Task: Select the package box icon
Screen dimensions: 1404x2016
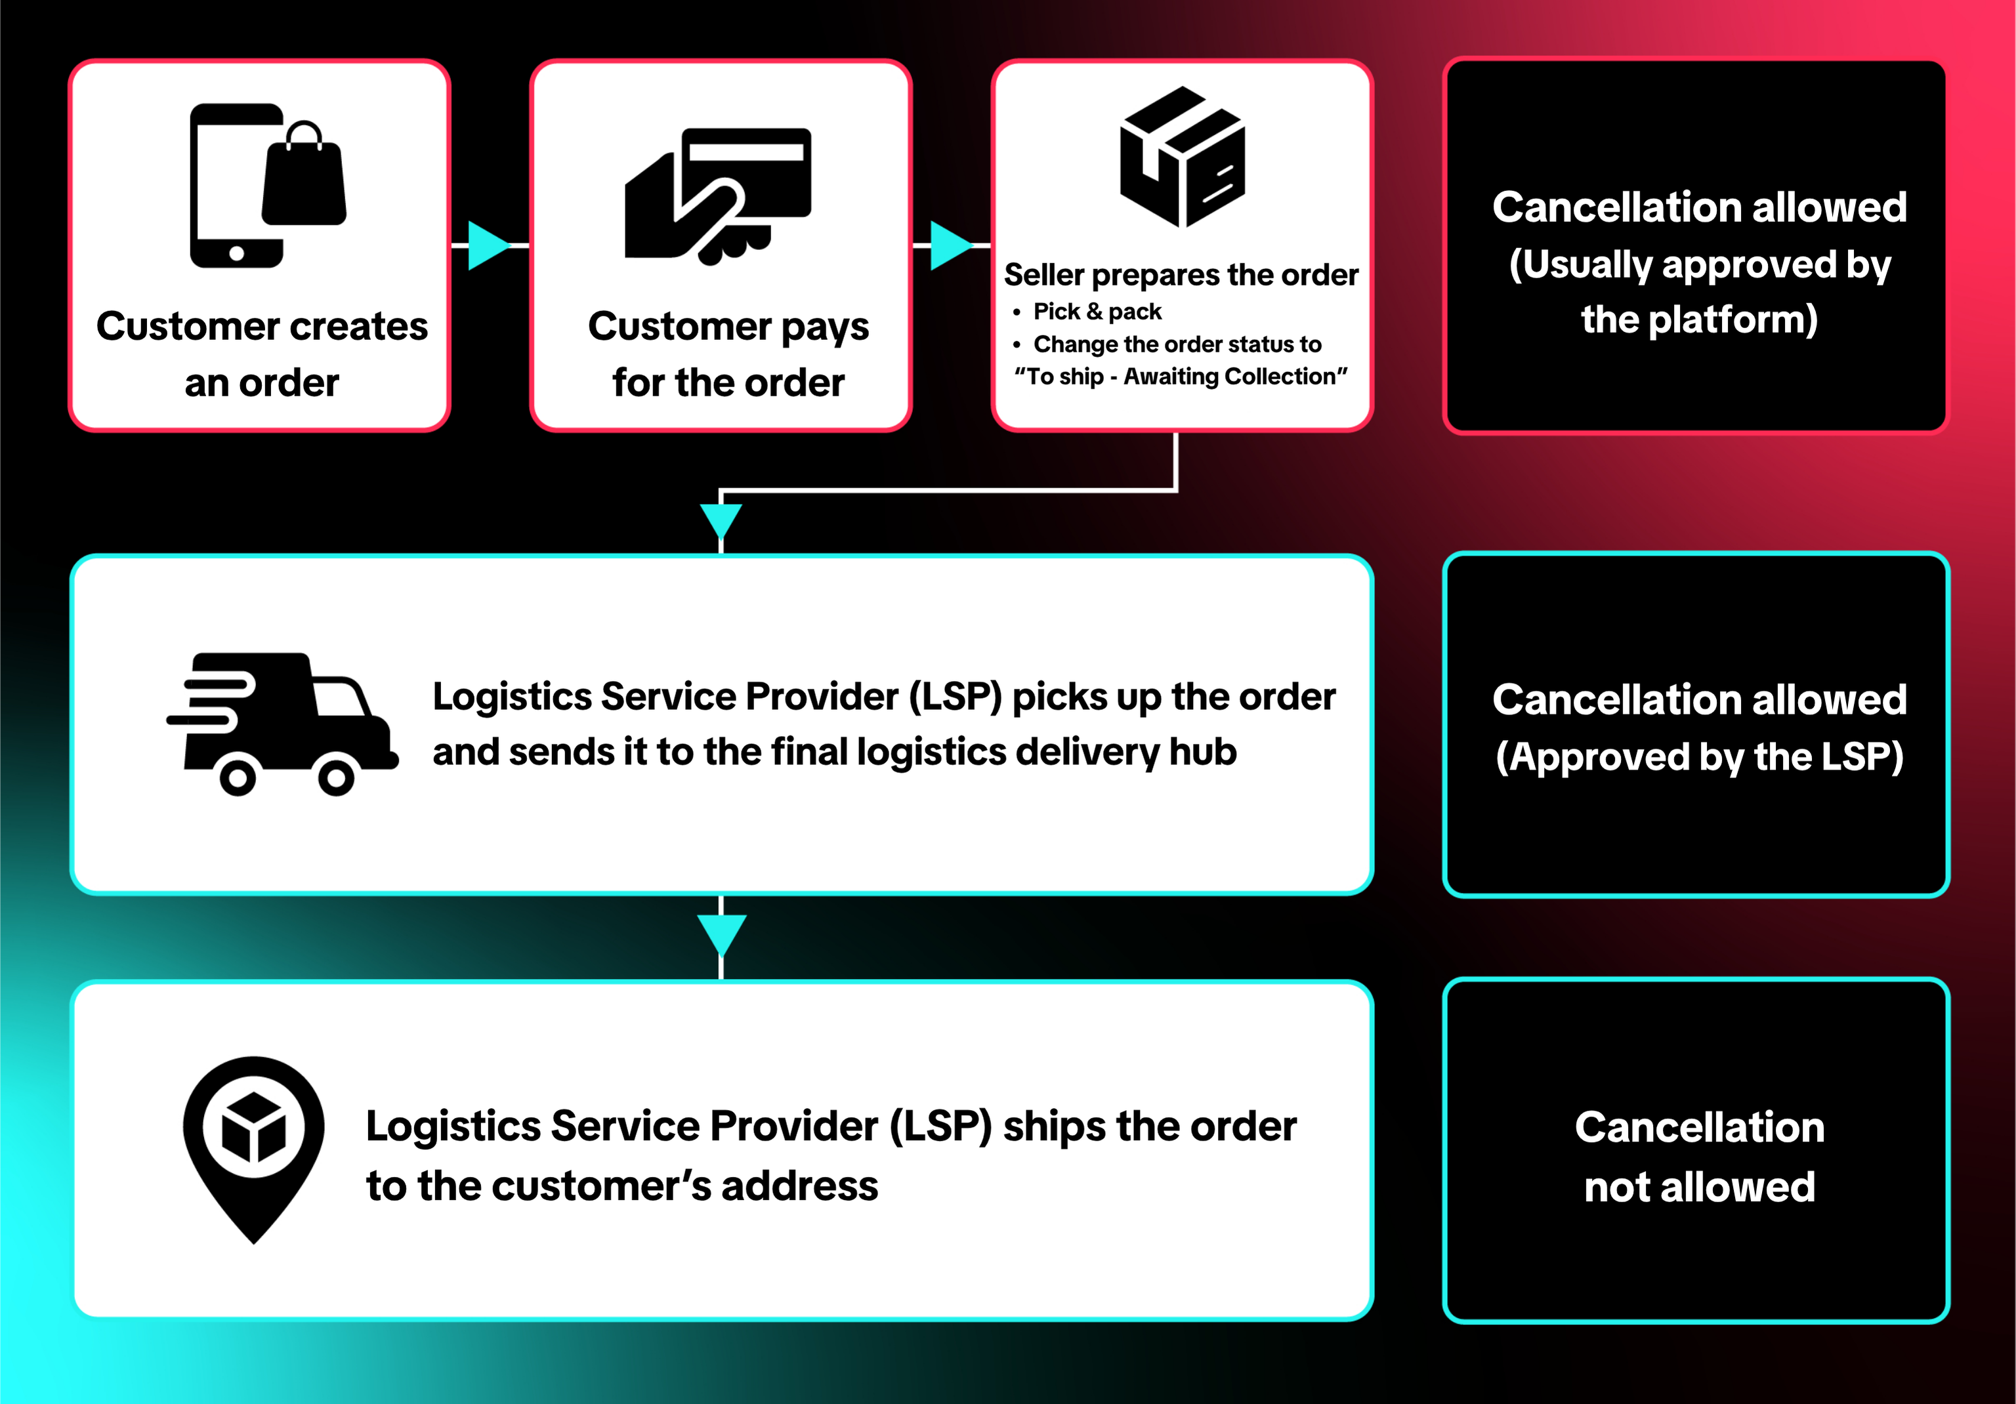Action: coord(1182,157)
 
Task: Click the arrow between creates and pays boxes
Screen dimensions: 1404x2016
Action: coord(488,245)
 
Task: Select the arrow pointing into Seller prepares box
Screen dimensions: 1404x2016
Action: coord(950,245)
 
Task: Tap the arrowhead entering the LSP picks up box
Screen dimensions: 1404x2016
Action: coord(721,520)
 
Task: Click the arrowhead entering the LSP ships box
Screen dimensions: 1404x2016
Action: coord(721,932)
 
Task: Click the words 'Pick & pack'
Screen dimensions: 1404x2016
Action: coord(1097,312)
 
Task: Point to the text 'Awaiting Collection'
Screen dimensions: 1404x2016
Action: coord(1234,377)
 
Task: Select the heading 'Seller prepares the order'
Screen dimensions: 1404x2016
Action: coord(1181,275)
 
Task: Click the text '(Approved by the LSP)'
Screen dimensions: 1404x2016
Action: coord(1699,757)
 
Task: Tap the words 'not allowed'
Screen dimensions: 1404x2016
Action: coord(1699,1187)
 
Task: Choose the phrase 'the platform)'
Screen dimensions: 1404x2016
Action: coord(1699,320)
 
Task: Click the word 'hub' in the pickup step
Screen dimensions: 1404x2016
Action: coord(1203,753)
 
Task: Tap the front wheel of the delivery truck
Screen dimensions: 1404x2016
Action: coord(335,776)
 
